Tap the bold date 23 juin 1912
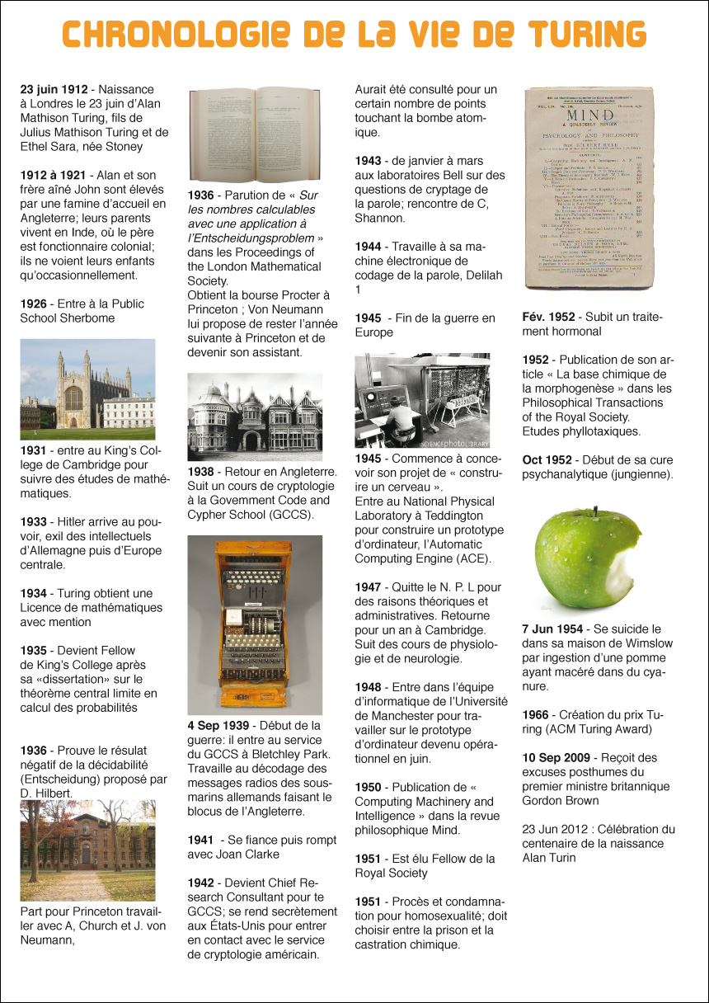54,89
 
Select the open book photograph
255,134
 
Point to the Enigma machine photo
255,624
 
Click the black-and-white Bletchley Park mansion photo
255,417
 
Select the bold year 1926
35,304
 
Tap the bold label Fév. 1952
548,317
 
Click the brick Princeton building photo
87,850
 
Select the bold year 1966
537,714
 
